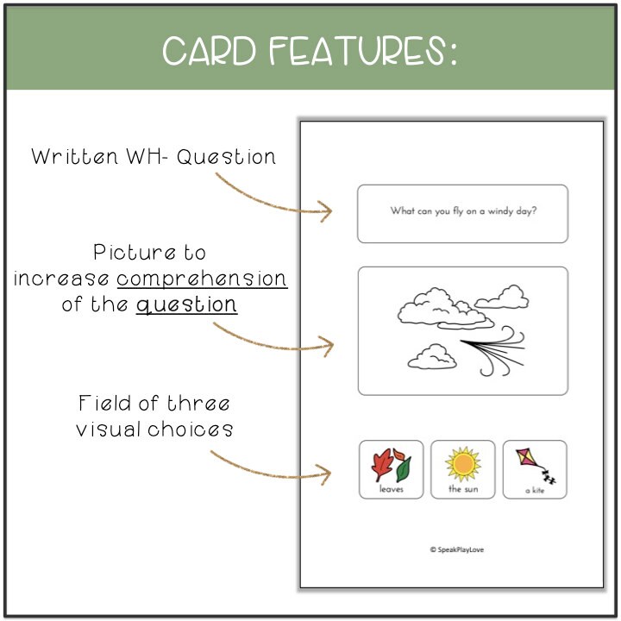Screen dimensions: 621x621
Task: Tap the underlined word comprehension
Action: pyautogui.click(x=202, y=279)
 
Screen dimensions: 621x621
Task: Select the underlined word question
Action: pyautogui.click(x=186, y=305)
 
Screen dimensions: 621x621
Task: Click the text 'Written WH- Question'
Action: pyautogui.click(x=154, y=157)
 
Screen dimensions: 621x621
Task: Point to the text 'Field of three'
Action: pyautogui.click(x=154, y=404)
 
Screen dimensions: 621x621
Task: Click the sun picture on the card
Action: pyautogui.click(x=463, y=464)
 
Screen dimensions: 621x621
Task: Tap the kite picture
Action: pyautogui.click(x=533, y=464)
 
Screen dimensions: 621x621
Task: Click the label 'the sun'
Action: pyautogui.click(x=463, y=489)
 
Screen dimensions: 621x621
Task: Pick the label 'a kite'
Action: pyautogui.click(x=535, y=491)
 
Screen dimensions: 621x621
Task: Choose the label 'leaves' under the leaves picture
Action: pyautogui.click(x=391, y=489)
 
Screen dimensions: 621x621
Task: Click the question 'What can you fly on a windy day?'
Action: pyautogui.click(x=463, y=210)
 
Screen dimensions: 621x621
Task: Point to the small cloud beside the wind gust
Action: pyautogui.click(x=431, y=355)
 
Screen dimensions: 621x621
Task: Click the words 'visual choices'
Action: pyautogui.click(x=154, y=430)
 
